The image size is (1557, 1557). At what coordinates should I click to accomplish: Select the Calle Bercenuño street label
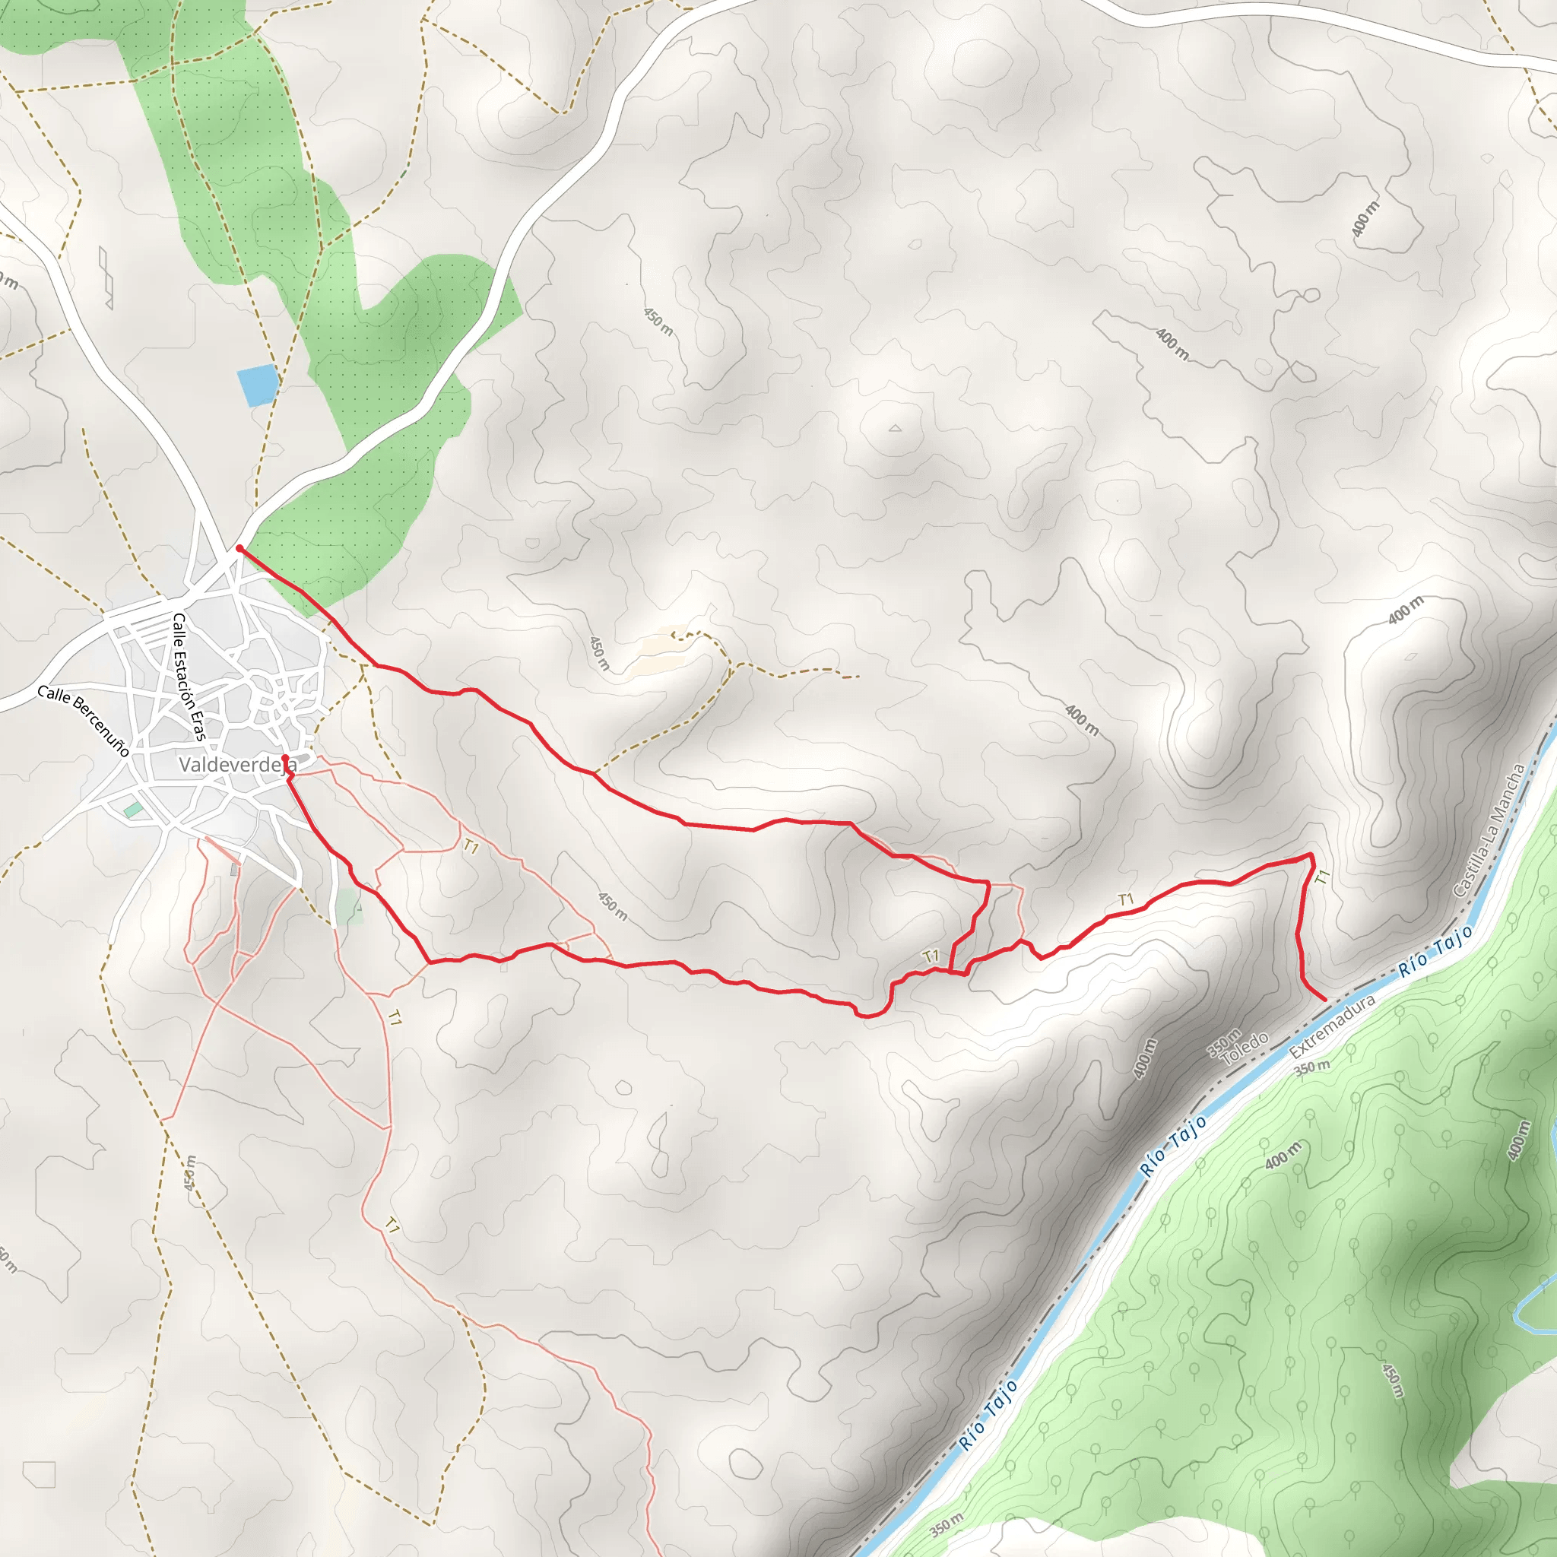point(83,721)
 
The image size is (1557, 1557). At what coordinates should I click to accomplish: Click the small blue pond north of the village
point(258,385)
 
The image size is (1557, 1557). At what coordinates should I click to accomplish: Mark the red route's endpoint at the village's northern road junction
point(239,549)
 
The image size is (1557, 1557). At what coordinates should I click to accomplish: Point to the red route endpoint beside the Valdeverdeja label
point(284,758)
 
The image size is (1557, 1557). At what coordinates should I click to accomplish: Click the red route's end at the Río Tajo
point(1325,1000)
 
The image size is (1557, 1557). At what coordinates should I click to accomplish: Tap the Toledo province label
point(1245,1048)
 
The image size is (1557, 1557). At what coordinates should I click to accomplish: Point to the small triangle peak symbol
point(896,429)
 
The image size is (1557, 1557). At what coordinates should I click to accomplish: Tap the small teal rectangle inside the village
point(133,809)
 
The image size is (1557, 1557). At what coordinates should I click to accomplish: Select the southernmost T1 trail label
point(392,1226)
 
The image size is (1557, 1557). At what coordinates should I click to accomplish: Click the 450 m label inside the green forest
point(1393,1381)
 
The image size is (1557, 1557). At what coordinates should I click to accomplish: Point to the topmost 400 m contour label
point(1365,218)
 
